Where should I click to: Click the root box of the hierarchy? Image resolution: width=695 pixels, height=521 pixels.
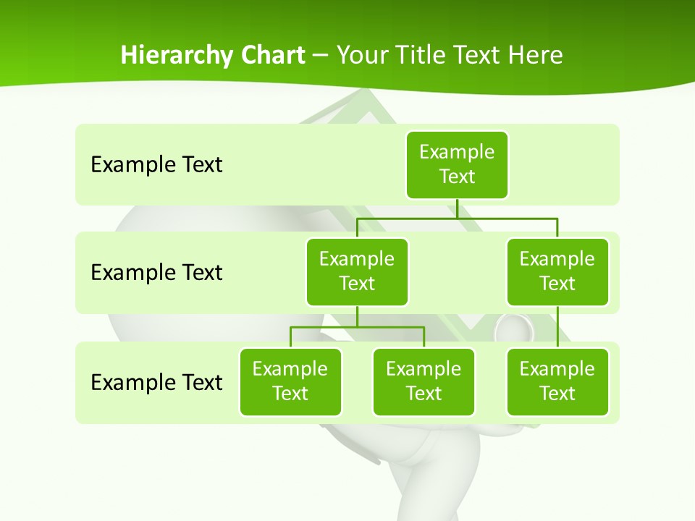click(x=457, y=164)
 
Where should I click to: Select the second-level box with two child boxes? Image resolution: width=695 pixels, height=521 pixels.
click(x=357, y=271)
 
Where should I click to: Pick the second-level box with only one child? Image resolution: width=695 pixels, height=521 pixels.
click(x=557, y=271)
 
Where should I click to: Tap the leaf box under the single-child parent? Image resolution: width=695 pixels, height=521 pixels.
click(x=557, y=381)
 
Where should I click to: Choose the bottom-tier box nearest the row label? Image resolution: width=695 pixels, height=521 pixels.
click(x=290, y=381)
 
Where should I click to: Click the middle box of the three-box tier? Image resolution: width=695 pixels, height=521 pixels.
click(x=424, y=381)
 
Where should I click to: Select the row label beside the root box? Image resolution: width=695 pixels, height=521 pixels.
click(x=156, y=165)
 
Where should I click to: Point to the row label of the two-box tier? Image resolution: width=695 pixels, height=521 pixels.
click(x=156, y=273)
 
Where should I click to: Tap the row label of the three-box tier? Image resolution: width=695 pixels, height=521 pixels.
click(x=156, y=382)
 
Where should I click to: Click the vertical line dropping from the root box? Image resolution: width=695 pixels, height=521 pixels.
click(x=457, y=208)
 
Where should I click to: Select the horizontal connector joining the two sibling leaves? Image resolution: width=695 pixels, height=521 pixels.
click(x=357, y=327)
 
